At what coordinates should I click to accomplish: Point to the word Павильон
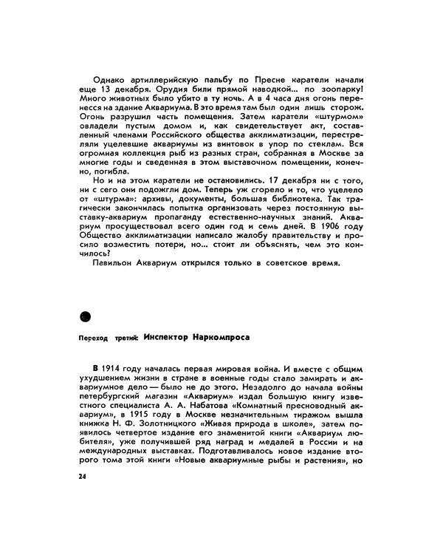pos(116,262)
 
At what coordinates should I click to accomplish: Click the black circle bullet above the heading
pos(84,316)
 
